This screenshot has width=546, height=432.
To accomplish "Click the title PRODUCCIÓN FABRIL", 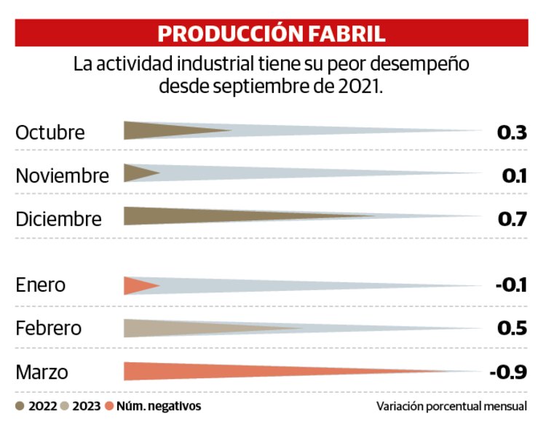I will click(272, 33).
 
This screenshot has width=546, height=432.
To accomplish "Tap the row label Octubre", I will click(50, 133).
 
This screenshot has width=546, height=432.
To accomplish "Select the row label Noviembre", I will click(63, 175).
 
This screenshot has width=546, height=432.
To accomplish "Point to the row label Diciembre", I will click(59, 219).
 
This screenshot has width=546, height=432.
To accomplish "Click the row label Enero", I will click(41, 285).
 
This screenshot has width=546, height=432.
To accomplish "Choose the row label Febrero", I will click(49, 328).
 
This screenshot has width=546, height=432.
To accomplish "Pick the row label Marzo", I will click(42, 372).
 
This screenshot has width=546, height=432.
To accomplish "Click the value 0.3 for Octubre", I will click(511, 133).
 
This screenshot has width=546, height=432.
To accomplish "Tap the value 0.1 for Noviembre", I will click(514, 175).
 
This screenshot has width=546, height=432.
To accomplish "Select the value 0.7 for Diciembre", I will click(511, 219).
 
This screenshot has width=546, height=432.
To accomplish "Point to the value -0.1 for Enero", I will click(510, 285).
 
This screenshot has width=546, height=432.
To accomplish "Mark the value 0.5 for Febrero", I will click(511, 328).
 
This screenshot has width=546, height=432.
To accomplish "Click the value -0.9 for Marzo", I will click(507, 372).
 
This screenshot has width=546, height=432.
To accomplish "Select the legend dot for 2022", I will click(20, 407).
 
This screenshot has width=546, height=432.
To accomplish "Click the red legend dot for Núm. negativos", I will click(110, 407).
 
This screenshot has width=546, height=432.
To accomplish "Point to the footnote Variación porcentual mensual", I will click(451, 407).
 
